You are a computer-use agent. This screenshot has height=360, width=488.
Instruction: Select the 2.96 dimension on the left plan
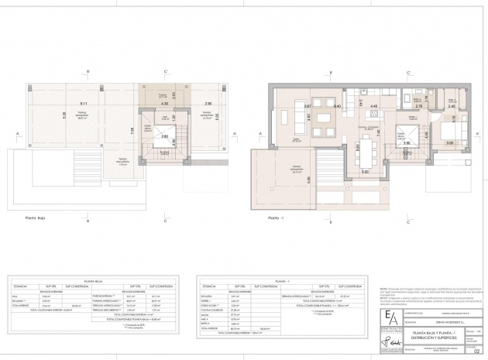click(x=208, y=102)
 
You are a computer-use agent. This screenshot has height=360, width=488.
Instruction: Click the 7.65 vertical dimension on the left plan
click(x=132, y=131)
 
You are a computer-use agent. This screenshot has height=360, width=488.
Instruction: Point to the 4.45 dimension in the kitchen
click(x=373, y=106)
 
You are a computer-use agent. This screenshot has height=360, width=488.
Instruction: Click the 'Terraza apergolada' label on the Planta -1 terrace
click(x=297, y=172)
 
